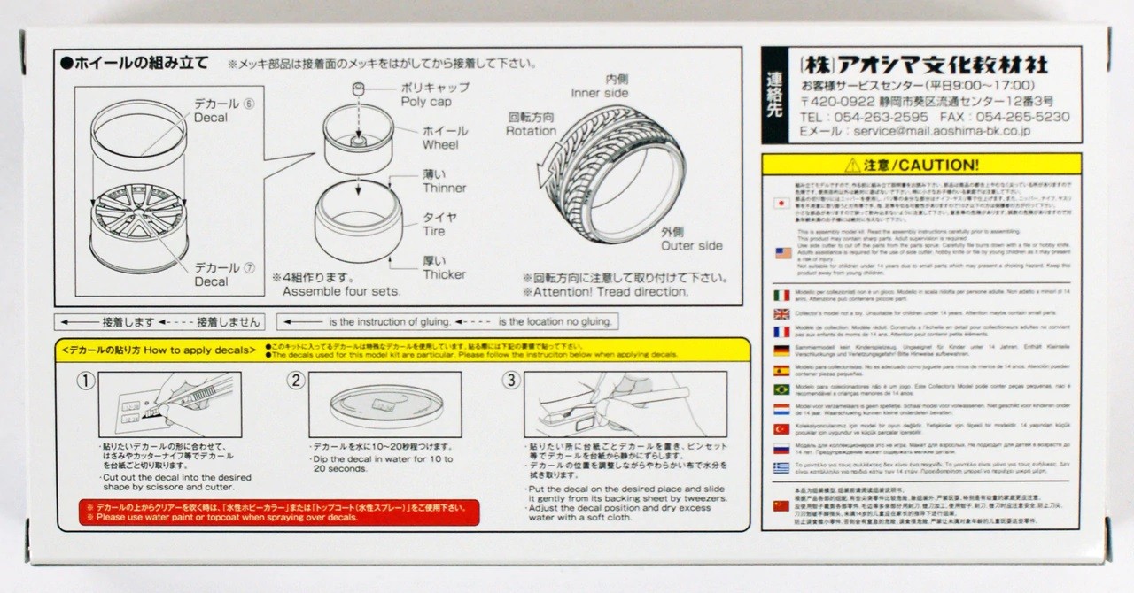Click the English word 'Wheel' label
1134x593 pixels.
pyautogui.click(x=440, y=145)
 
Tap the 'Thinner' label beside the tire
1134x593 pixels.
pyautogui.click(x=444, y=189)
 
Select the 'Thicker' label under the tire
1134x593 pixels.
pyautogui.click(x=444, y=274)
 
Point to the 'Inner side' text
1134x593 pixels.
pyautogui.click(x=600, y=93)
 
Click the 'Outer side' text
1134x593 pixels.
pyautogui.click(x=691, y=246)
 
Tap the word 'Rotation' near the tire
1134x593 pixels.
pyautogui.click(x=531, y=131)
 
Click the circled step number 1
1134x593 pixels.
pyautogui.click(x=85, y=381)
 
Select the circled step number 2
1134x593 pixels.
pyautogui.click(x=297, y=381)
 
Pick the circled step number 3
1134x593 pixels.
pyautogui.click(x=510, y=381)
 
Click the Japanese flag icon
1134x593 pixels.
pyautogui.click(x=781, y=203)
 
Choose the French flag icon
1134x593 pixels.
pyautogui.click(x=781, y=332)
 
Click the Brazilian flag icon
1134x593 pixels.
pyautogui.click(x=781, y=389)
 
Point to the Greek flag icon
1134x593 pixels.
pyautogui.click(x=781, y=467)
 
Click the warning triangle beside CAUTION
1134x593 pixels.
pyautogui.click(x=851, y=165)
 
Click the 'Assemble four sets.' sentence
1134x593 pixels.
pyautogui.click(x=342, y=291)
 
